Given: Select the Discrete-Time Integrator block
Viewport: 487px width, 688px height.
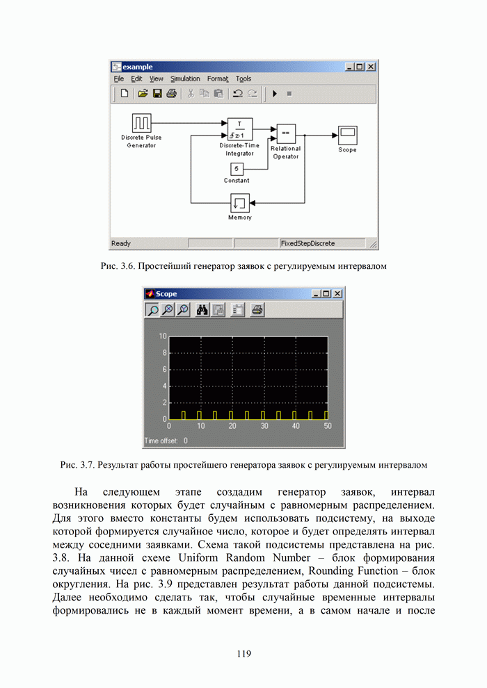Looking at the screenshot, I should pyautogui.click(x=239, y=129).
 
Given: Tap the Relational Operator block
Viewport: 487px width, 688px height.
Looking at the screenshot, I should pyautogui.click(x=285, y=133).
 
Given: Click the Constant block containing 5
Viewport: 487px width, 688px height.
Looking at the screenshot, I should pyautogui.click(x=237, y=169).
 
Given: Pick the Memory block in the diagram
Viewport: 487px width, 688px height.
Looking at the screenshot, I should pyautogui.click(x=240, y=203).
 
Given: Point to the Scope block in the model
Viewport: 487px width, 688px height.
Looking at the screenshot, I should pyautogui.click(x=347, y=134).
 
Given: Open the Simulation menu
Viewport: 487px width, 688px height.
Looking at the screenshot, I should pyautogui.click(x=185, y=79).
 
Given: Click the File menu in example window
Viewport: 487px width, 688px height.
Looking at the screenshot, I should pyautogui.click(x=119, y=79).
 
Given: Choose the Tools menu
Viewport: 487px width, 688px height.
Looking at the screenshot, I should pyautogui.click(x=243, y=79).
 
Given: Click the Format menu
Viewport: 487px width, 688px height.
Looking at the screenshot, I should pyautogui.click(x=217, y=79).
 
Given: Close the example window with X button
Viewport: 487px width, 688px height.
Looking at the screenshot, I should pyautogui.click(x=371, y=67).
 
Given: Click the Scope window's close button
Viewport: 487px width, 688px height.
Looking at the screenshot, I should pyautogui.click(x=337, y=294).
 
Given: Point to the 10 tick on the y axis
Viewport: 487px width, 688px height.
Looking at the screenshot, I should pyautogui.click(x=163, y=336).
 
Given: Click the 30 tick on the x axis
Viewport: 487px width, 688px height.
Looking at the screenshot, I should pyautogui.click(x=264, y=425).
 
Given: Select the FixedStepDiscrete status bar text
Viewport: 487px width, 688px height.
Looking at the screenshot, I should pyautogui.click(x=307, y=244).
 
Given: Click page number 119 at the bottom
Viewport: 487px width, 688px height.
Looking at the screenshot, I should pyautogui.click(x=243, y=653).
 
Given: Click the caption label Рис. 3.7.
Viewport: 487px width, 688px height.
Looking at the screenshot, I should pyautogui.click(x=77, y=464).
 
